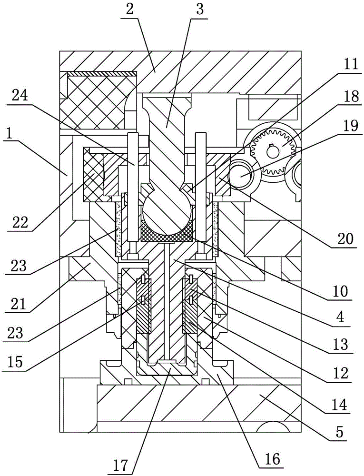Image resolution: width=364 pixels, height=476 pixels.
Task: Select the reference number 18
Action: [x=350, y=97]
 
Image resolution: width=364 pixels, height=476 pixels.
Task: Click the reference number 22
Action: [x=20, y=223]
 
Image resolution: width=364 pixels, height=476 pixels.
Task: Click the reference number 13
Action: [x=342, y=345]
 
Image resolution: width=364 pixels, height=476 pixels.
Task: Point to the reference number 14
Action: [x=339, y=405]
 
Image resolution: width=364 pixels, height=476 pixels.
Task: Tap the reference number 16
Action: [x=272, y=460]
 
